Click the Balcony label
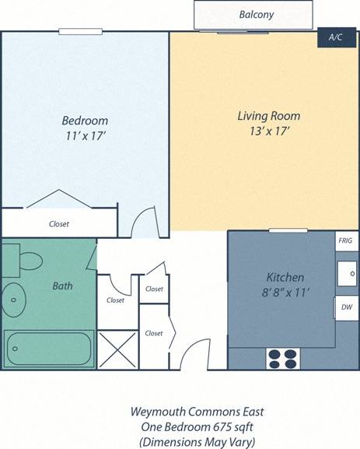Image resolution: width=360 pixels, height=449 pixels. coord(256,15)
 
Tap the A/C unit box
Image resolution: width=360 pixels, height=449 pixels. coord(335,37)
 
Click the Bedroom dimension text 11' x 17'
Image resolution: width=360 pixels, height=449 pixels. coord(84,136)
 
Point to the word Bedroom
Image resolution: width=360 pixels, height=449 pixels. coord(85,121)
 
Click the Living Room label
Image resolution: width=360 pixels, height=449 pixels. coord(268,116)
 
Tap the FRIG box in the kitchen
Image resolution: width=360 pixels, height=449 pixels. coord(345,241)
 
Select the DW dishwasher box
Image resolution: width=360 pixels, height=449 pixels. coord(345,307)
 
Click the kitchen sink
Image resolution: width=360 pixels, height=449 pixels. coord(347,274)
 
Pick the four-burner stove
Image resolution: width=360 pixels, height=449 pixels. coord(283,358)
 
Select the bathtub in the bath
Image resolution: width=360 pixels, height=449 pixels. coord(49,348)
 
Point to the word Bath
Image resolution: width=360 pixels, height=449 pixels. coord(62,286)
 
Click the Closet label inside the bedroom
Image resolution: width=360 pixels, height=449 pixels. coord(59,224)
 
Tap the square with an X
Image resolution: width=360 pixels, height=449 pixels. coord(117,349)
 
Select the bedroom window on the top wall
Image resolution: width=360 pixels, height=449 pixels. coord(80,31)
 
